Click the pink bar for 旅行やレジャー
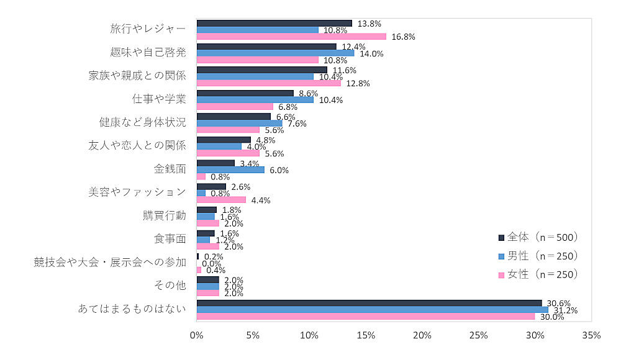(x=291, y=36)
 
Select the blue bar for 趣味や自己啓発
(x=275, y=53)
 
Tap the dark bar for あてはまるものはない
(x=369, y=303)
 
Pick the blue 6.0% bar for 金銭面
(x=230, y=169)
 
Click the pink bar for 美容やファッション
(x=221, y=200)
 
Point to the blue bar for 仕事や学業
(x=255, y=99)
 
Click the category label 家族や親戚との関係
(x=137, y=76)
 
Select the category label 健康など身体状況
(x=143, y=122)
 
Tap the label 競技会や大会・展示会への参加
(x=110, y=262)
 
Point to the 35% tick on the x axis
(x=591, y=336)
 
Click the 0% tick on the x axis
(x=197, y=336)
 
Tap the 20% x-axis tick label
(x=422, y=336)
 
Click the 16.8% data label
(x=403, y=37)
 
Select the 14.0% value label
(x=371, y=53)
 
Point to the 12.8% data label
(x=358, y=84)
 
